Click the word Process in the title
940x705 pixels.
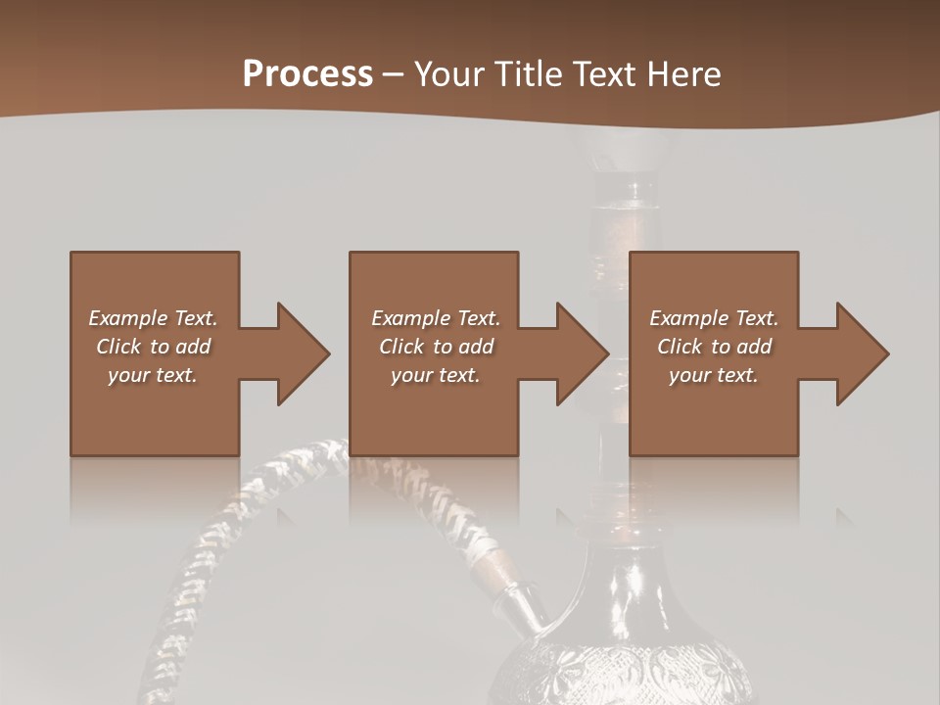point(307,74)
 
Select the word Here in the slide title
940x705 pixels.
point(685,74)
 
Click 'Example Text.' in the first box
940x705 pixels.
point(153,318)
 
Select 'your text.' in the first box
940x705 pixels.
point(153,375)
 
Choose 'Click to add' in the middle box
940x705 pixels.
point(436,347)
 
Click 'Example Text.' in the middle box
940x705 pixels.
point(436,318)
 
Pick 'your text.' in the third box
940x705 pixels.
point(714,375)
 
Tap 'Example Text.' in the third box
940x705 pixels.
point(714,318)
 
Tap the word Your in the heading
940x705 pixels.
point(446,74)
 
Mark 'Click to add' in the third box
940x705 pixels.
point(714,347)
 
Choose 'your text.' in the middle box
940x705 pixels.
point(436,375)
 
